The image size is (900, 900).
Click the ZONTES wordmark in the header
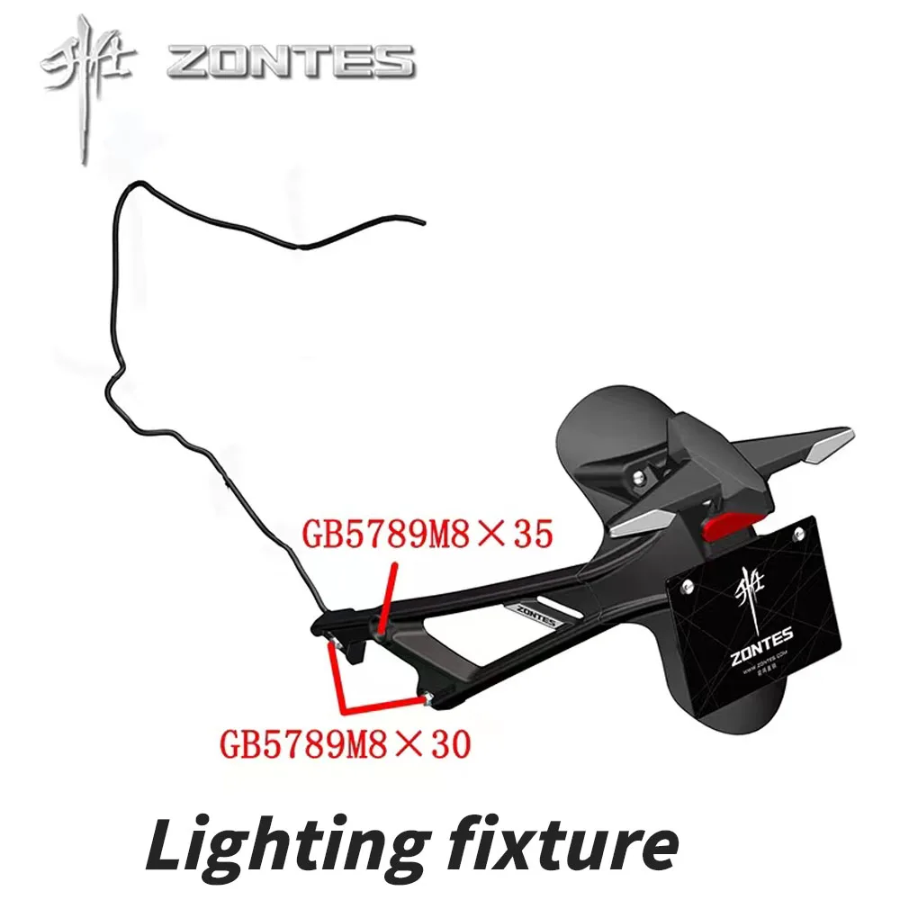(291, 61)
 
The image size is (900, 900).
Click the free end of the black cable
(418, 219)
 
